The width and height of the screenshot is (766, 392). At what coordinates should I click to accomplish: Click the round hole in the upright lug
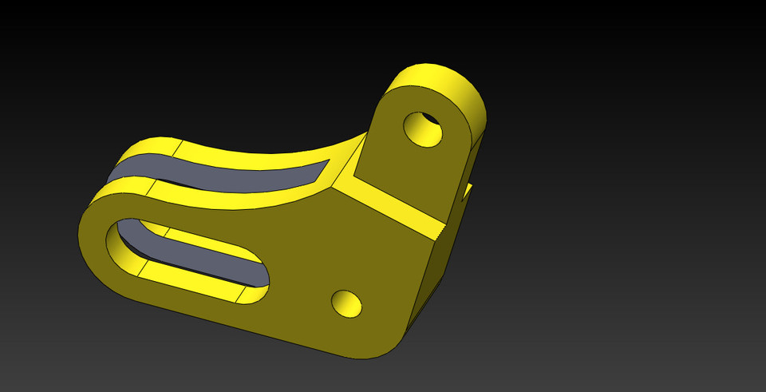point(423,129)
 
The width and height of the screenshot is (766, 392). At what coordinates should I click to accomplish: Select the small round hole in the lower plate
point(346,303)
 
